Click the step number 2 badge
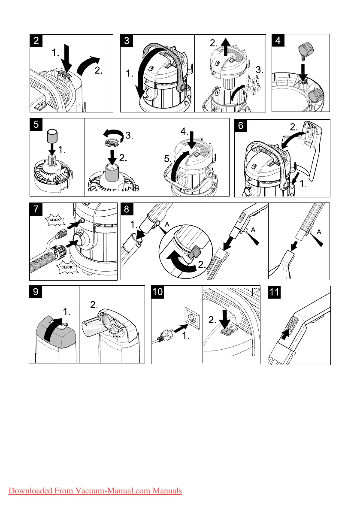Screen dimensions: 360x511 (x=36, y=41)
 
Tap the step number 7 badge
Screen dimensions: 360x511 (x=36, y=209)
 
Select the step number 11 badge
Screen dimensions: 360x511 (x=274, y=292)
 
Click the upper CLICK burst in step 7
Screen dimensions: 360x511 (x=55, y=220)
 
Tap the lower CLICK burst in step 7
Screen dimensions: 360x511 (x=67, y=267)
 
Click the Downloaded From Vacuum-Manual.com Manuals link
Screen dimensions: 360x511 (x=95, y=491)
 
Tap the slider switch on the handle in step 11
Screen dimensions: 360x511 (x=293, y=325)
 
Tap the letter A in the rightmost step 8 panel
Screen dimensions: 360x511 (x=319, y=232)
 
